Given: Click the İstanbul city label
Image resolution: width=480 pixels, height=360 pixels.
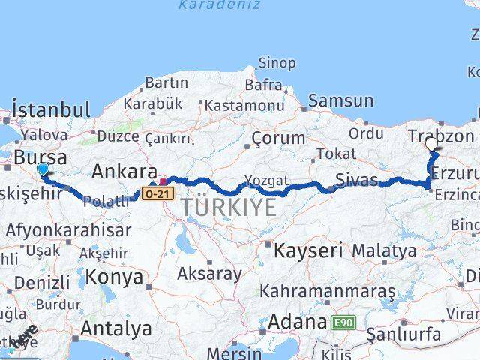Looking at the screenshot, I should [x=52, y=109].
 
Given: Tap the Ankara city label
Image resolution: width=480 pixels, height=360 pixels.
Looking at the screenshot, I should [x=124, y=172].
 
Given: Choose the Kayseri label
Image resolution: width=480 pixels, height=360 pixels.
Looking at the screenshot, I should [x=308, y=249].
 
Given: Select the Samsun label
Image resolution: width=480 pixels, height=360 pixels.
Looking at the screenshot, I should [x=340, y=100].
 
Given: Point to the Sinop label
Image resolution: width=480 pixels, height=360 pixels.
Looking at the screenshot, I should [x=277, y=63].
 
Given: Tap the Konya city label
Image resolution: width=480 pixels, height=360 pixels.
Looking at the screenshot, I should [x=114, y=276].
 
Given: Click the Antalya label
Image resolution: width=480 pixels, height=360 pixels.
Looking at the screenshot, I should [x=115, y=328].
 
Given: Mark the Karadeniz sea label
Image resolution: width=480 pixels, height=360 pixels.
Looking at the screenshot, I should [x=219, y=5].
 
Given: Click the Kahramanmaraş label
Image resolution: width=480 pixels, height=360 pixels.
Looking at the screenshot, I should [x=327, y=290].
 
